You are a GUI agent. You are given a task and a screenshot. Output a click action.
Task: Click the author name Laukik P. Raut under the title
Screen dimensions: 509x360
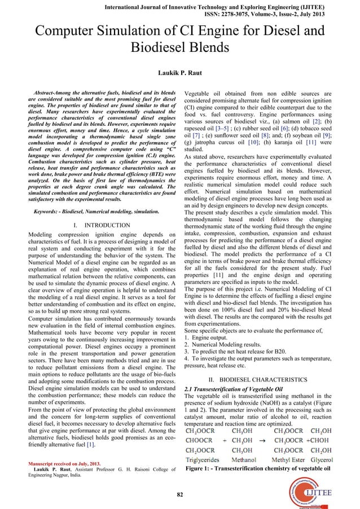[x=179, y=73]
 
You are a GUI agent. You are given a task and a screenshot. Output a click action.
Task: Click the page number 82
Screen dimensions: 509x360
[x=179, y=495]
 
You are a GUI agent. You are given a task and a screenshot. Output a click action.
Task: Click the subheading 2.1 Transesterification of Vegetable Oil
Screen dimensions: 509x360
[x=234, y=389]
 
